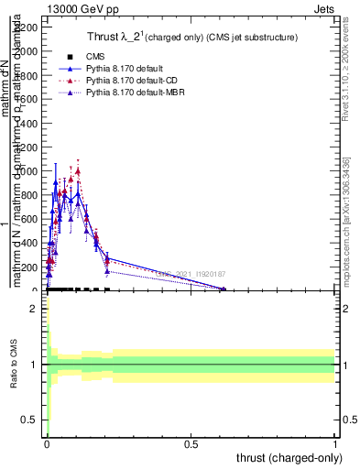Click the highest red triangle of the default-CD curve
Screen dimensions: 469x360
(78, 170)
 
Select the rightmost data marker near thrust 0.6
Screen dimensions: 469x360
(224, 289)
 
